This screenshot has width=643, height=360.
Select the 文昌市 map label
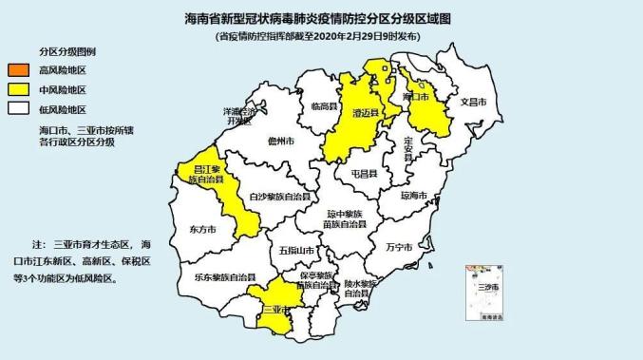point(473,101)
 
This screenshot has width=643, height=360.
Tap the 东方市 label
point(202,229)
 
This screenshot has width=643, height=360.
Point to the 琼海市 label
point(414,196)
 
